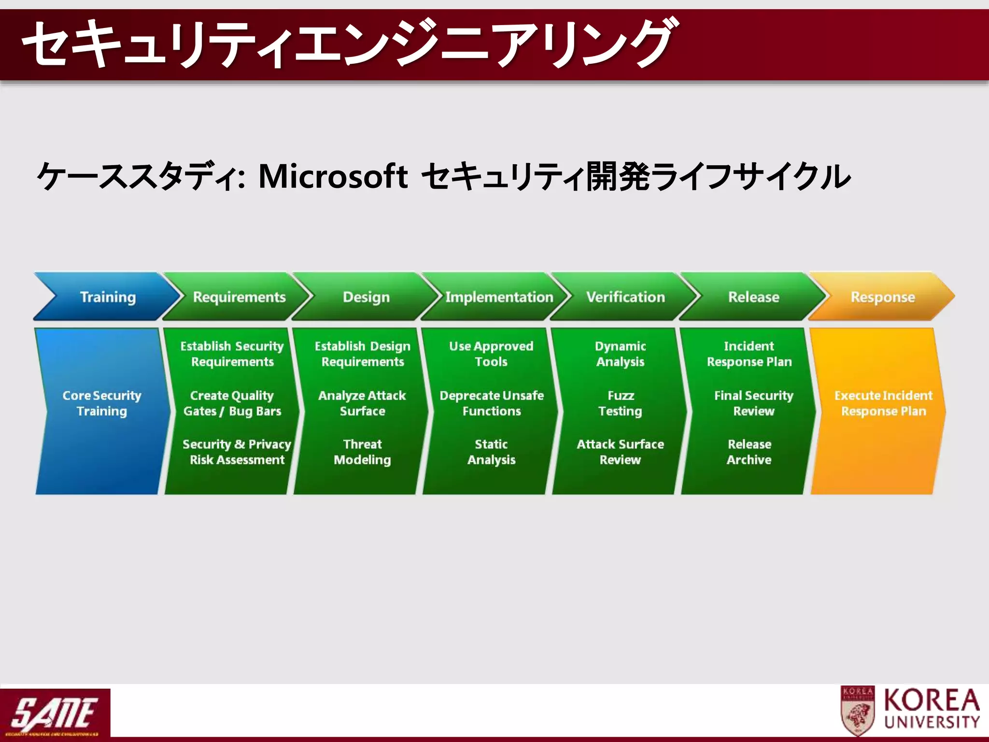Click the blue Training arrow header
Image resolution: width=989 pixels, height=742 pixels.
click(x=107, y=297)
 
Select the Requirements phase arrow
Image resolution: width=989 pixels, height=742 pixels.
click(x=239, y=297)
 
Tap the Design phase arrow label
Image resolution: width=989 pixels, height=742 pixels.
click(x=366, y=297)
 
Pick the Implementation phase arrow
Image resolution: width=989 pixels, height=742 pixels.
click(x=498, y=297)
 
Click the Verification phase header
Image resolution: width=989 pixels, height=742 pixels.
click(x=625, y=297)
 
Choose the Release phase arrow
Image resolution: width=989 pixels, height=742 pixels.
click(x=753, y=297)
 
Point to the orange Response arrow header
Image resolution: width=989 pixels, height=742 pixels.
click(x=882, y=297)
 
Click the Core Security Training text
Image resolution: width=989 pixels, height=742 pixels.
click(x=102, y=403)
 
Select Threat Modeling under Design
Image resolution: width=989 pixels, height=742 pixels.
click(x=362, y=452)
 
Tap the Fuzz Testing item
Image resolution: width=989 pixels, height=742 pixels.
click(x=621, y=403)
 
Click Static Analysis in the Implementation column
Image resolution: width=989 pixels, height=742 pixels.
click(x=491, y=452)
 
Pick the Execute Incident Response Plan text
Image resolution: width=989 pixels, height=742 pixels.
click(x=883, y=403)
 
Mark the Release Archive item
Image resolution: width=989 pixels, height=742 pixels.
click(x=749, y=452)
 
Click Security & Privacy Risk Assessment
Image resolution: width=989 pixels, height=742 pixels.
click(x=237, y=452)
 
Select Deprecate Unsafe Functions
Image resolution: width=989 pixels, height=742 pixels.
click(x=492, y=403)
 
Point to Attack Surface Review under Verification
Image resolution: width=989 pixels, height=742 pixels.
click(x=620, y=452)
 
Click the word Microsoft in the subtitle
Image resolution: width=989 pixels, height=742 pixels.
click(x=333, y=176)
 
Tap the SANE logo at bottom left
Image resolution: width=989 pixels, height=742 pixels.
click(x=55, y=713)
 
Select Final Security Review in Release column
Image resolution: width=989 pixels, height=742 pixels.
click(x=753, y=403)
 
